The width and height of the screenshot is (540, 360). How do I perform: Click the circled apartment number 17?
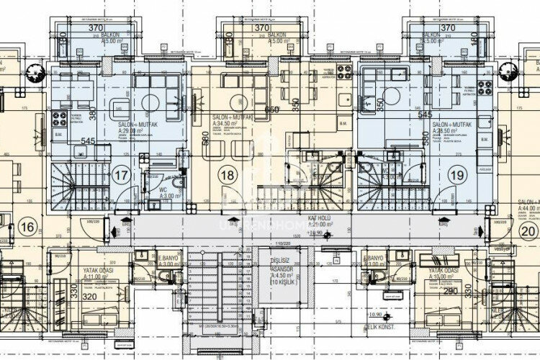[x=122, y=173]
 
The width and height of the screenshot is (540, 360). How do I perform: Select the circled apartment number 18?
[x=230, y=174]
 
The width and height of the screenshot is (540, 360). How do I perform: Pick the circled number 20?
[x=528, y=231]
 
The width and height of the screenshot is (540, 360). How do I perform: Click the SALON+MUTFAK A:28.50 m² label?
[x=451, y=127]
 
